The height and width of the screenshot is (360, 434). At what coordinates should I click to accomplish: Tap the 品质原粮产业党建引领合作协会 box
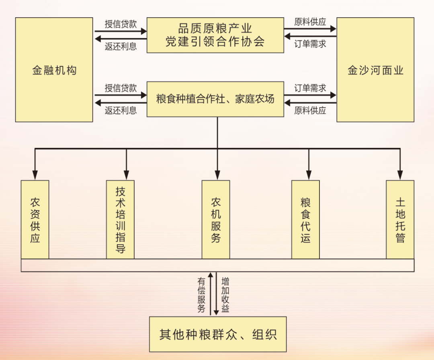(x=215, y=35)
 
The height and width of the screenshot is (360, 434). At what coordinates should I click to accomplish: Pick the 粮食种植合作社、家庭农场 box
(x=215, y=99)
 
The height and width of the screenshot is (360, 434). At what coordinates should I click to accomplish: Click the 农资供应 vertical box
(x=35, y=219)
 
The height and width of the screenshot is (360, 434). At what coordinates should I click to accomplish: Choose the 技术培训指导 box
(x=120, y=219)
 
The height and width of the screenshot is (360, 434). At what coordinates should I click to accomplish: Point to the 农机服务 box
(x=216, y=219)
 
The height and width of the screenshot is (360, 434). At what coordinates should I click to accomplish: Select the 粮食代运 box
(x=305, y=219)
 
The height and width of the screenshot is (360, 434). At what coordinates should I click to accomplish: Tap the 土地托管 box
(x=400, y=219)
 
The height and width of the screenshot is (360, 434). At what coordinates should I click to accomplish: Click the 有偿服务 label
(x=201, y=295)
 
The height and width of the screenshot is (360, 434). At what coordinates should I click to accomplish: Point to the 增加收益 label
(x=225, y=295)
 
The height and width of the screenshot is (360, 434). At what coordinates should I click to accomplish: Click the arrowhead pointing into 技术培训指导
(x=127, y=174)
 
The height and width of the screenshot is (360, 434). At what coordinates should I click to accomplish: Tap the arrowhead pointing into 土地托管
(x=400, y=174)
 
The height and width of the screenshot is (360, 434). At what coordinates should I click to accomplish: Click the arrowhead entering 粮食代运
(x=309, y=174)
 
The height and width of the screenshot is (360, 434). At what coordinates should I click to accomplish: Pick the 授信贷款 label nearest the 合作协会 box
(x=121, y=24)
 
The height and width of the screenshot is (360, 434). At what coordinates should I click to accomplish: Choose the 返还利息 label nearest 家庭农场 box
(x=121, y=110)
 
